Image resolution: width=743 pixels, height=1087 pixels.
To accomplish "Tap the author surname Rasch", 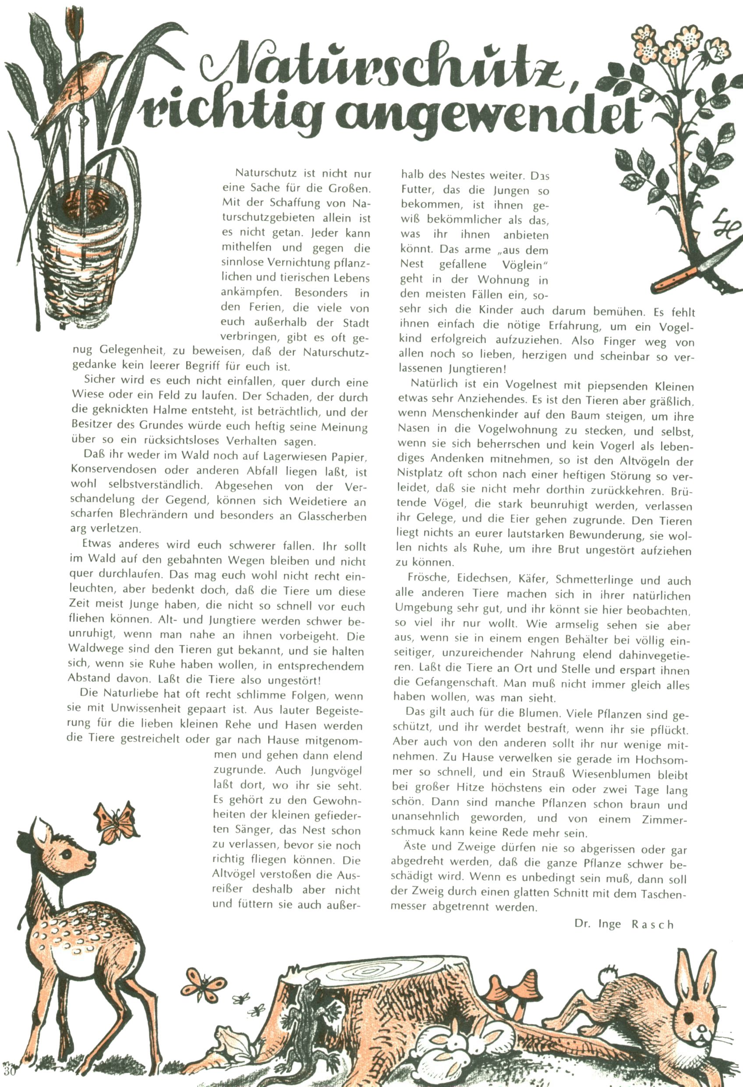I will (x=652, y=924).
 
